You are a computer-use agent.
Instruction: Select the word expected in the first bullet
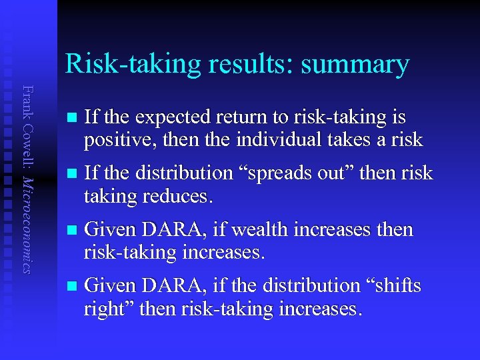coord(171,118)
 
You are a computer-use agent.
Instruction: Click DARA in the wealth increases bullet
coord(175,230)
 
